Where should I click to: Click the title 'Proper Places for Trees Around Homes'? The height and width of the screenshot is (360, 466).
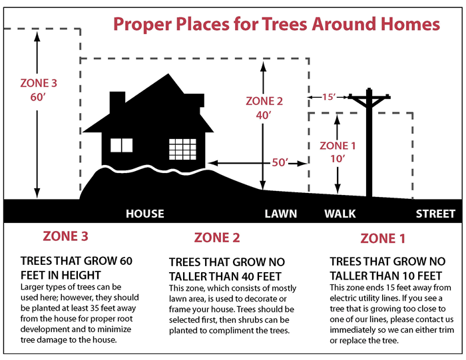click(x=276, y=24)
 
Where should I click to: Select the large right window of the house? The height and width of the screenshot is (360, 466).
click(x=182, y=148)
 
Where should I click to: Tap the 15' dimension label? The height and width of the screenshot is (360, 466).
click(x=328, y=97)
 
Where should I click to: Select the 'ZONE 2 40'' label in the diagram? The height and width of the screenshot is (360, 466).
click(x=264, y=108)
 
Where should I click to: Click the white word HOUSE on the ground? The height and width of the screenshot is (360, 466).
click(x=145, y=214)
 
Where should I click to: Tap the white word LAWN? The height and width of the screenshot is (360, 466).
click(x=280, y=214)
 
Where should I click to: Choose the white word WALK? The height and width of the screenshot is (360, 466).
click(x=340, y=214)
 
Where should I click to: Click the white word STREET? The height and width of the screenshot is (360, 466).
click(x=435, y=214)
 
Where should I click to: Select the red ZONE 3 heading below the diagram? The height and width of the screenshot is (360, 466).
click(x=65, y=236)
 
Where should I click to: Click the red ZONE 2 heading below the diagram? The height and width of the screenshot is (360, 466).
click(x=217, y=238)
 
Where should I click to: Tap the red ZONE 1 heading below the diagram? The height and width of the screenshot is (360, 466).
click(x=383, y=238)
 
